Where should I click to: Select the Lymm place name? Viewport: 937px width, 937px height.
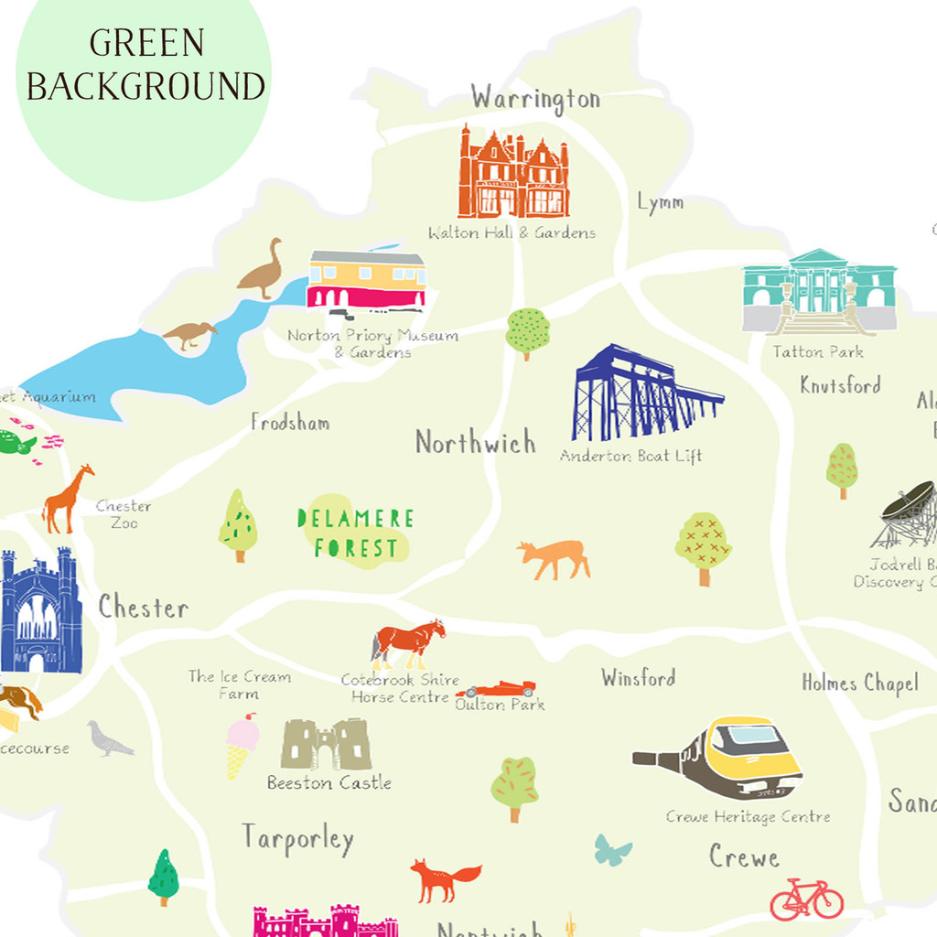661,203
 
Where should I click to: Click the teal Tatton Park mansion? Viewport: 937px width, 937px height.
819,291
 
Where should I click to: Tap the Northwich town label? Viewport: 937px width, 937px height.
475,443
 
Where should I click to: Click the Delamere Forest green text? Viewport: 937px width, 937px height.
356,533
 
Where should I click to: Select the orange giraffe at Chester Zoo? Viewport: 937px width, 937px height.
70,499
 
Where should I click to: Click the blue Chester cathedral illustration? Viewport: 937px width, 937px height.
40,611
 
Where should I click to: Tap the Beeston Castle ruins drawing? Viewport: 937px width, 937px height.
326,744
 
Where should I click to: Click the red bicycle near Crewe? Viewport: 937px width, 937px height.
806,899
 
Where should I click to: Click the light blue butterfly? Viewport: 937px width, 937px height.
613,850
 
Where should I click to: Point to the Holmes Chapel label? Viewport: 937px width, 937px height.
859,684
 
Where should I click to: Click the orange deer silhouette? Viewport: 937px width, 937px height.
555,557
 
